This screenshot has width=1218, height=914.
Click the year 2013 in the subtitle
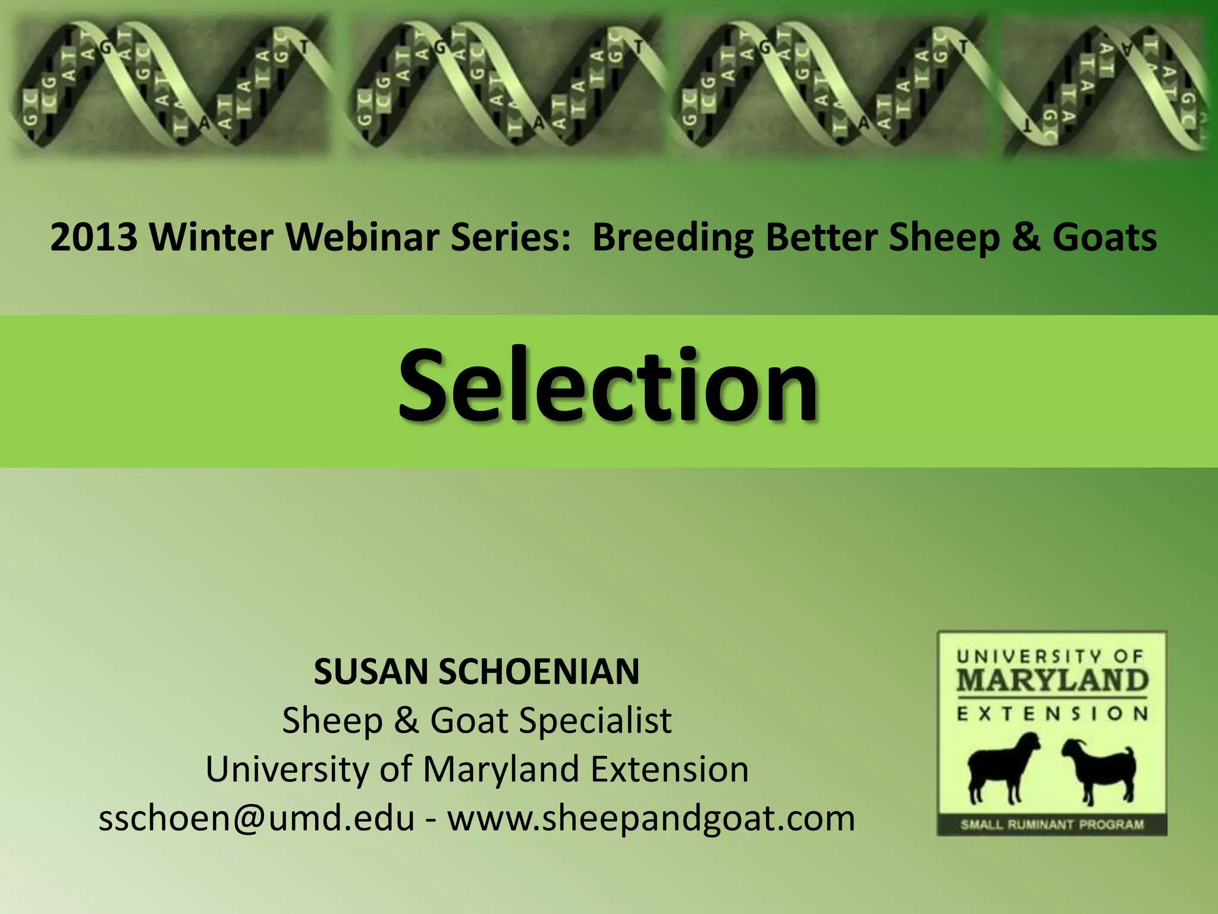click(x=93, y=237)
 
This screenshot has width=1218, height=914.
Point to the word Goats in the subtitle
click(x=1104, y=237)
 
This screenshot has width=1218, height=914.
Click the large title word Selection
click(x=608, y=386)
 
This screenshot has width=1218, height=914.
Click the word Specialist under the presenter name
click(x=595, y=721)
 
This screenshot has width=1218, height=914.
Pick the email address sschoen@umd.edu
click(x=256, y=818)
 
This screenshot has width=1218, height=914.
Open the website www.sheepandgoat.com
click(x=651, y=818)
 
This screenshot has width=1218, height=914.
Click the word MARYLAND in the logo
click(x=1052, y=681)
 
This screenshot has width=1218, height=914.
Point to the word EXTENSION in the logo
click(x=1052, y=713)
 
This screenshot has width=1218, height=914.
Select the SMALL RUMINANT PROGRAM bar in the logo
click(x=1052, y=825)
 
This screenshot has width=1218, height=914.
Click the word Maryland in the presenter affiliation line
click(x=501, y=769)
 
